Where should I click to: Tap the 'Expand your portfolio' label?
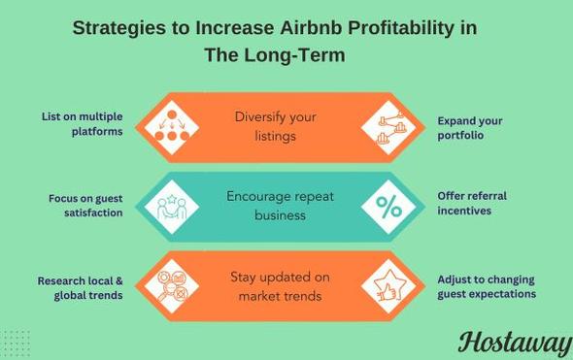[470, 127]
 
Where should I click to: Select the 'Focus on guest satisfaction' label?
[85, 205]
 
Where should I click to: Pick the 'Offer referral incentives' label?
[472, 203]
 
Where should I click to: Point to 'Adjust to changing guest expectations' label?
[486, 286]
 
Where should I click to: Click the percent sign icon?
[388, 207]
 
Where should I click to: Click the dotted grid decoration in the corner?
[17, 343]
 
